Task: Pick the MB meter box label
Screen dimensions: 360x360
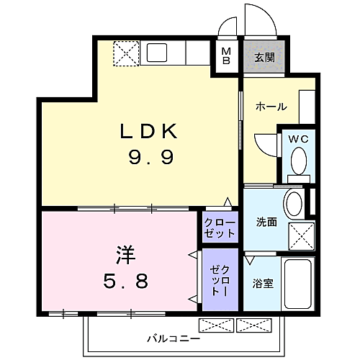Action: click(x=226, y=56)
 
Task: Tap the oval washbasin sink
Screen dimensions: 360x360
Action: click(x=294, y=204)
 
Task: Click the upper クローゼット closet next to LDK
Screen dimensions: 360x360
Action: click(x=219, y=228)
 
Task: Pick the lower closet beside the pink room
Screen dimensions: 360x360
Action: click(x=219, y=277)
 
